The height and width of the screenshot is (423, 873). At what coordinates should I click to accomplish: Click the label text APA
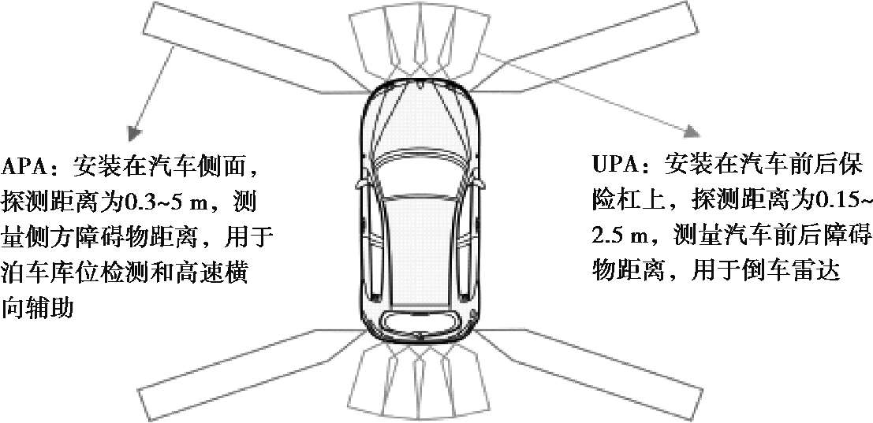tap(24, 167)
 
